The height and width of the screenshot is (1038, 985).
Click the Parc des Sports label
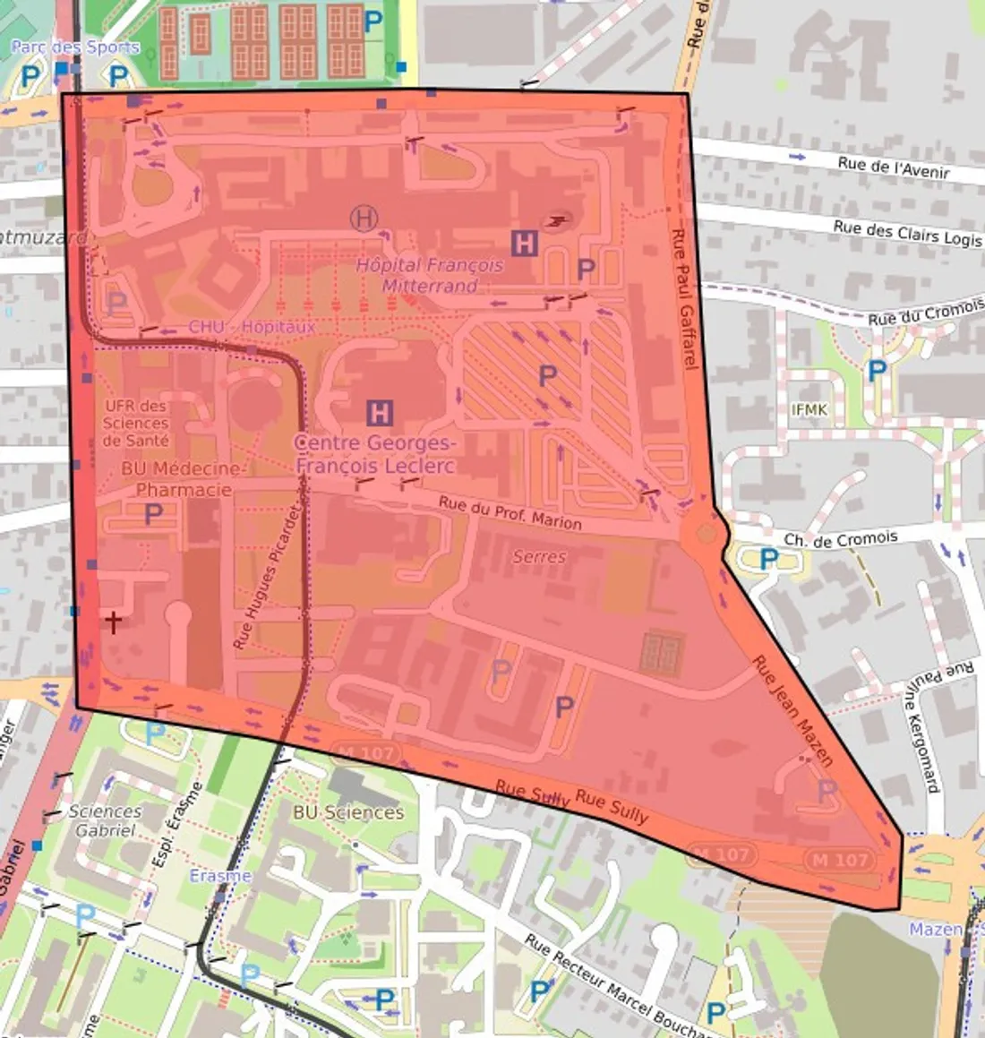coord(75,47)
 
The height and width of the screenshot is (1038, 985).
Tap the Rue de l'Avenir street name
coord(893,167)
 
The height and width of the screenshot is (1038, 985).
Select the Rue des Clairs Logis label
coord(907,232)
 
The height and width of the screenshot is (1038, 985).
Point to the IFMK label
coord(809,410)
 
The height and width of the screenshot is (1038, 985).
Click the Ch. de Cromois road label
coord(840,539)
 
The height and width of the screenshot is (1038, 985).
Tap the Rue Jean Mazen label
coord(792,711)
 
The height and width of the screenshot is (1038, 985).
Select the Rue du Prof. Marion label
coord(510,512)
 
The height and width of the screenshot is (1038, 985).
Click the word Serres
coord(539,556)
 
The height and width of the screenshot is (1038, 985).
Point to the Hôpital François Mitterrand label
coord(430,275)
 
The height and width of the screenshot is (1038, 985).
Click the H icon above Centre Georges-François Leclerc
coord(380,413)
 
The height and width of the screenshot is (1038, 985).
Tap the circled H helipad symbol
coord(364,218)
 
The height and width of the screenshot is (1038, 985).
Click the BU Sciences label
coord(348,812)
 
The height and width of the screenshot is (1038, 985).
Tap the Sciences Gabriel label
coord(106,820)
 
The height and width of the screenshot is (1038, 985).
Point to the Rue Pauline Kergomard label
coord(921,726)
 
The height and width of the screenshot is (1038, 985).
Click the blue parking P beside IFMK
coord(877,370)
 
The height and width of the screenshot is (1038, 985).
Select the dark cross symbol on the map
coord(113,621)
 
